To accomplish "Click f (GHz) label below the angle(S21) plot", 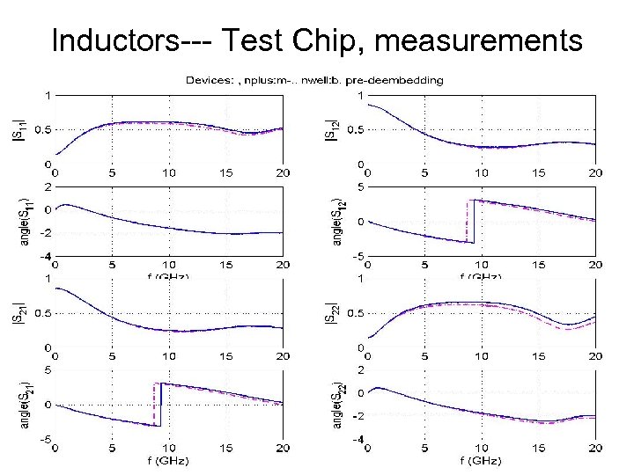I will click(167, 460).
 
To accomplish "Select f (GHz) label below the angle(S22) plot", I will click(481, 460).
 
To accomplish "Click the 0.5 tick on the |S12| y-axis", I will click(351, 129).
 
